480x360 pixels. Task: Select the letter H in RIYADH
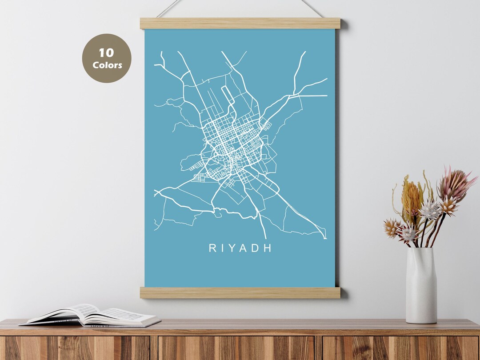267,248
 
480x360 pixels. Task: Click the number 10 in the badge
106,53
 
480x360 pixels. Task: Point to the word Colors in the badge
107,65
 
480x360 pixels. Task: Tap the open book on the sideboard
91,315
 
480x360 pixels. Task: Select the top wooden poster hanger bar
240,24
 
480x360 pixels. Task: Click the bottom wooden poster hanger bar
240,292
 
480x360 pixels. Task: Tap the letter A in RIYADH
244,248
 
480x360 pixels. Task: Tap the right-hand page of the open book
129,316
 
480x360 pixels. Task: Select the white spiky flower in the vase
430,210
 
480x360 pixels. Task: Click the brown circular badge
107,58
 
